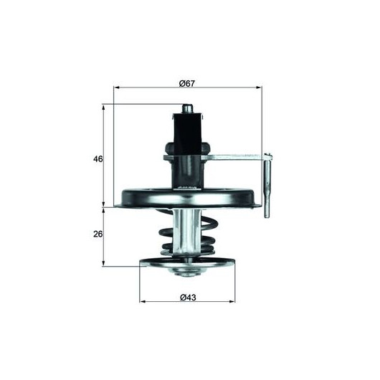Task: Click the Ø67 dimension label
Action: (187, 84)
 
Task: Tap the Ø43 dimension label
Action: (188, 298)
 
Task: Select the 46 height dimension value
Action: (98, 159)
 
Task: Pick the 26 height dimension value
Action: (98, 234)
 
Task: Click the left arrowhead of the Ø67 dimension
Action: (117, 87)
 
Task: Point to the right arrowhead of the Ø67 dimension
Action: (259, 87)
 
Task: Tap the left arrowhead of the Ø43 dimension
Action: (143, 301)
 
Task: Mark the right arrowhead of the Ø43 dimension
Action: (232, 301)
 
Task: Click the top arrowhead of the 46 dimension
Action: (103, 108)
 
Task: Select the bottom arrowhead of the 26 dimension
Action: (103, 263)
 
